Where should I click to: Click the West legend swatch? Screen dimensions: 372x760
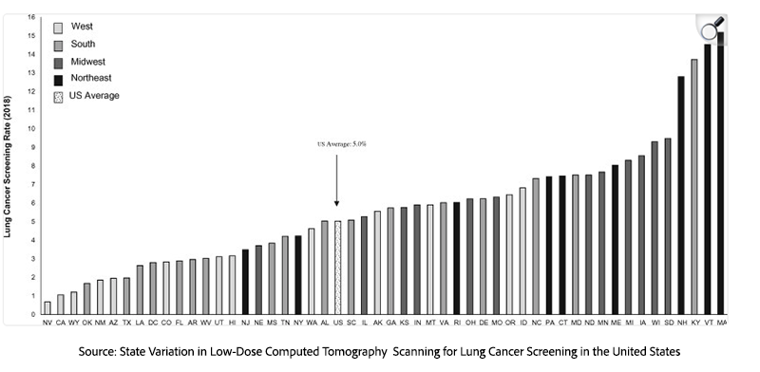pyautogui.click(x=58, y=28)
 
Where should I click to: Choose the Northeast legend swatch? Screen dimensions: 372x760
pyautogui.click(x=58, y=78)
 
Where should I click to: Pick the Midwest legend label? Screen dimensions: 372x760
pyautogui.click(x=86, y=61)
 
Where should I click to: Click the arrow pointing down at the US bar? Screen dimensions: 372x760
pyautogui.click(x=336, y=180)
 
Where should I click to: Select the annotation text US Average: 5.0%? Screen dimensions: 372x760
pyautogui.click(x=341, y=144)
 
